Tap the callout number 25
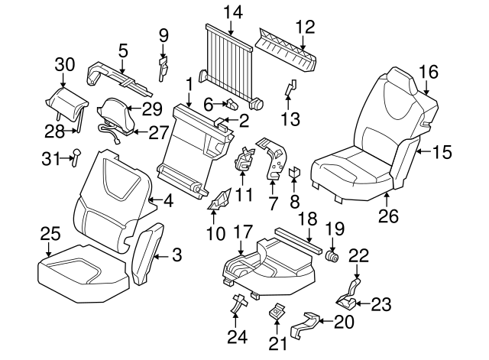[49, 232]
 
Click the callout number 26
[388, 216]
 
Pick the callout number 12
[305, 26]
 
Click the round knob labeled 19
[332, 255]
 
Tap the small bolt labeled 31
[76, 157]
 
